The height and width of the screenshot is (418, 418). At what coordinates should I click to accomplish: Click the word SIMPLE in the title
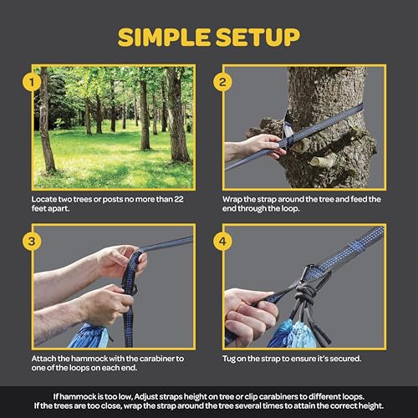[160, 38]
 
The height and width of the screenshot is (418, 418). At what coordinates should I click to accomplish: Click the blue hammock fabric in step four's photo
[284, 333]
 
